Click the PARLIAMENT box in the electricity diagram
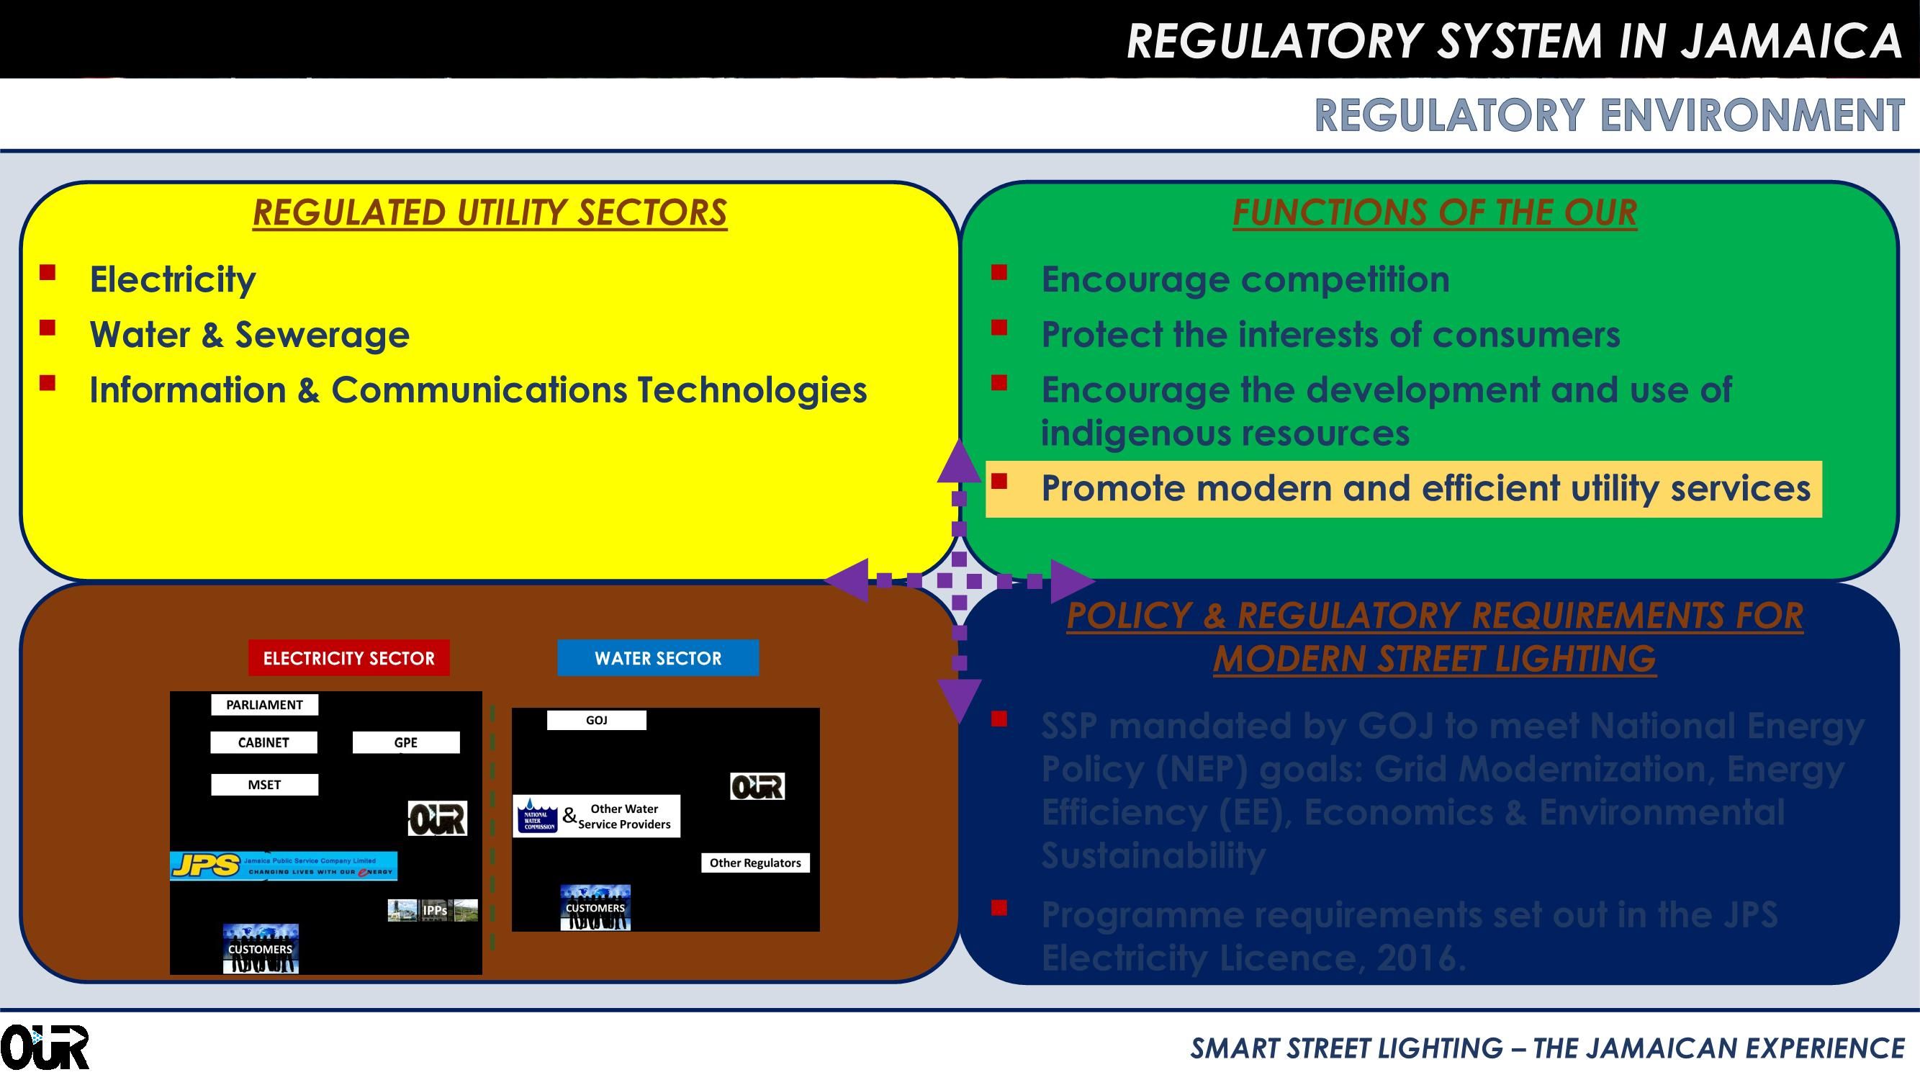pos(265,704)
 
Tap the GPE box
pos(405,742)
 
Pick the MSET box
pos(265,784)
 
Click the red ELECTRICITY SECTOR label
pos(349,658)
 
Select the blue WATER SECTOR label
pos(658,658)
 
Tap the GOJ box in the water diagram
pos(596,720)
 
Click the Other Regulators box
pos(755,863)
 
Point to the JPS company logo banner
pos(283,866)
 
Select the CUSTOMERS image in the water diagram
pos(595,907)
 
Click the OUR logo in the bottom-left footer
pos(45,1047)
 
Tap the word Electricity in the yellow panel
pos(172,279)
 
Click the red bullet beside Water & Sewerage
pos(48,328)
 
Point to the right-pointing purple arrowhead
pos(1071,580)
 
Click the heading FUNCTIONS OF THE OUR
pos(1435,212)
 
